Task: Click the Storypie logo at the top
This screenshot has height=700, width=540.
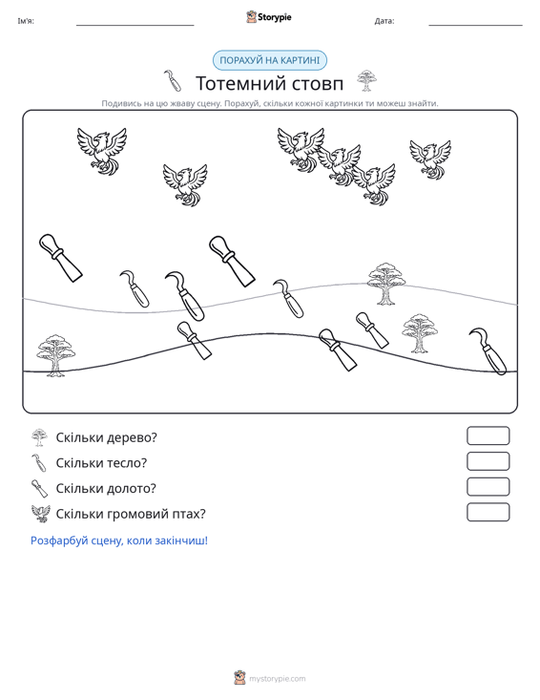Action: [x=269, y=17]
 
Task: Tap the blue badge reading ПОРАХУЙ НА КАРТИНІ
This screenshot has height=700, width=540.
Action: [x=270, y=60]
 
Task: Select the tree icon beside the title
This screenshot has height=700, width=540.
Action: [x=366, y=81]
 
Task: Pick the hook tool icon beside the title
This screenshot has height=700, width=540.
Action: [x=173, y=80]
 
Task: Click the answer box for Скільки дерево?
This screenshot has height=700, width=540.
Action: [x=488, y=435]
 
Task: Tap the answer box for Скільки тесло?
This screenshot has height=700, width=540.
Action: [x=488, y=461]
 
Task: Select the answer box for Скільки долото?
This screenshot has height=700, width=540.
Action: [x=488, y=487]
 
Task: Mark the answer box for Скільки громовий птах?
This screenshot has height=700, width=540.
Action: [x=488, y=512]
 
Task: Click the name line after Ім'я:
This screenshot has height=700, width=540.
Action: [x=135, y=25]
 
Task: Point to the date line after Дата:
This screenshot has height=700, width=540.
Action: [x=475, y=25]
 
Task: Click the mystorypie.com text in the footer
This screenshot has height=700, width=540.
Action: [x=278, y=679]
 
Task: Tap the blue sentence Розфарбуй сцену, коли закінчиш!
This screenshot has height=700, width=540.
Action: [x=119, y=541]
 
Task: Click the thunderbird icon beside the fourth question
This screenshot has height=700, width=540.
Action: [x=41, y=514]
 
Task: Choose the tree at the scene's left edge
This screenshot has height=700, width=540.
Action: [x=55, y=355]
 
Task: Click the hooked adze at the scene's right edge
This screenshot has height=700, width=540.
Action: [x=489, y=350]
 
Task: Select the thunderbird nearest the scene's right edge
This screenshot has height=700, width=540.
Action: [x=430, y=159]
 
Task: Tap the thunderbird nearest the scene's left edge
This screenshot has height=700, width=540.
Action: [x=102, y=151]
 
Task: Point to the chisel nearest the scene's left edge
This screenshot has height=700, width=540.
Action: [x=61, y=258]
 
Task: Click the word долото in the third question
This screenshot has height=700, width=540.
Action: [x=132, y=488]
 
